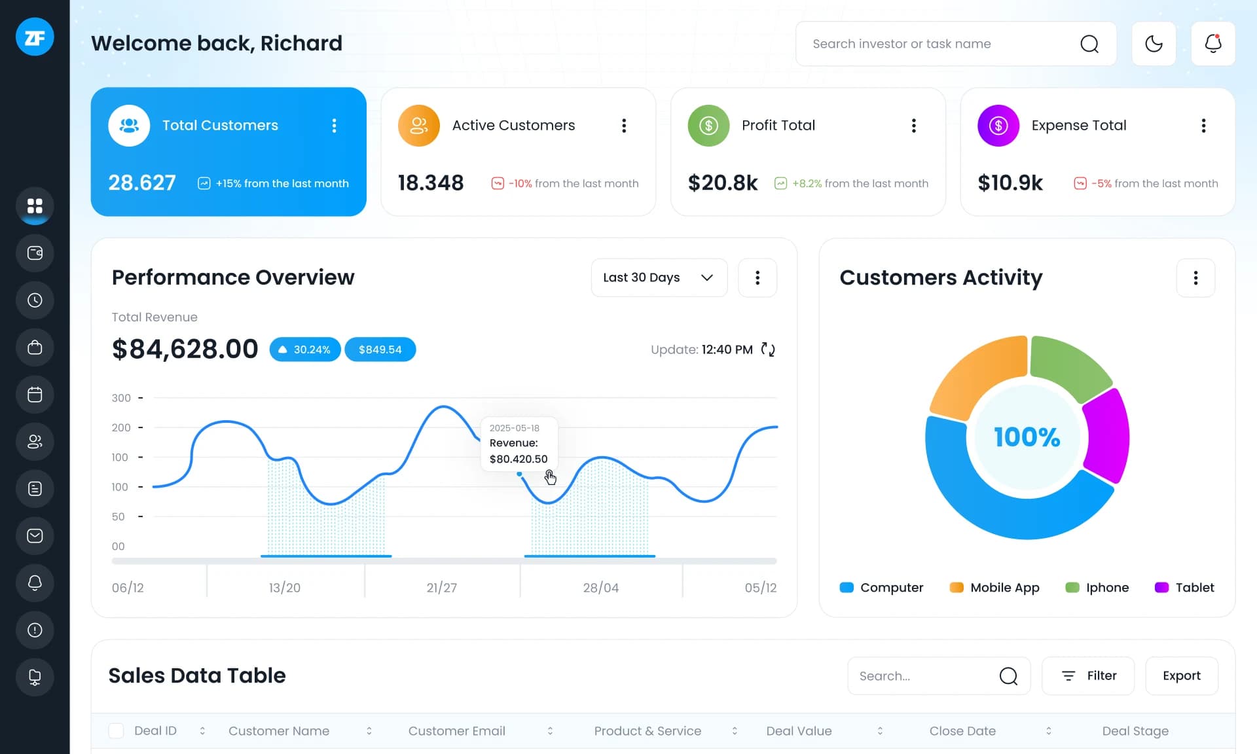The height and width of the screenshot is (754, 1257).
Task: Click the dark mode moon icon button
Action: (x=1154, y=44)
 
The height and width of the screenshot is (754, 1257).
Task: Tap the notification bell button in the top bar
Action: (x=1213, y=44)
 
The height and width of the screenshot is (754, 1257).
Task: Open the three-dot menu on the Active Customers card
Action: (x=624, y=126)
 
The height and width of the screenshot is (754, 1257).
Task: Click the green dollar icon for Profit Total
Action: (x=708, y=126)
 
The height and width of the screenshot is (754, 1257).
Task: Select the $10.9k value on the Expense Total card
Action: (x=1010, y=183)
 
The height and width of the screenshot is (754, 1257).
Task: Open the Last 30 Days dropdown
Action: (x=659, y=278)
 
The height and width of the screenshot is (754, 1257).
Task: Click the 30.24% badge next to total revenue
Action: (x=305, y=350)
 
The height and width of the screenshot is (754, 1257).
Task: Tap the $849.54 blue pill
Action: (x=380, y=350)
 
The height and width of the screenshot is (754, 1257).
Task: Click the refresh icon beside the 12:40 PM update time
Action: (x=768, y=350)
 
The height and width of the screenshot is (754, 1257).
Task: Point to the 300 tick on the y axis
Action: (x=121, y=398)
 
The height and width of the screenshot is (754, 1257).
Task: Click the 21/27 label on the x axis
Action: (x=441, y=588)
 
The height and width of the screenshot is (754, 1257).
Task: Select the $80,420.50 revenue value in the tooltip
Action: (x=518, y=459)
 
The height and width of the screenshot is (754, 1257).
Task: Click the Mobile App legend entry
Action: (x=995, y=588)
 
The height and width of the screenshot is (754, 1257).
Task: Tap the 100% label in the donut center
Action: (x=1027, y=437)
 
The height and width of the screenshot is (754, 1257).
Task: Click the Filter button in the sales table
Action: (x=1088, y=675)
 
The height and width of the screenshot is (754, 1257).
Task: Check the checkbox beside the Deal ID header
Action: (x=116, y=731)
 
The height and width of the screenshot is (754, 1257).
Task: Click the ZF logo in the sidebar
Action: (x=35, y=37)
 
